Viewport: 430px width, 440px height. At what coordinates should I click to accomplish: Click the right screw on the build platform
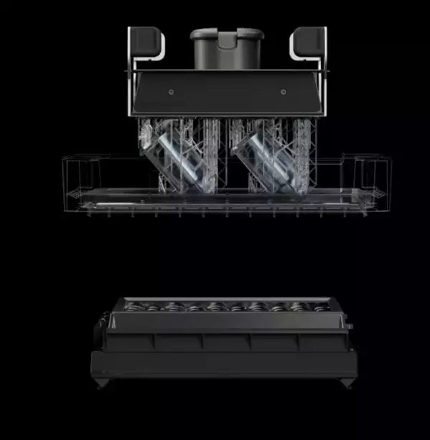coord(282,92)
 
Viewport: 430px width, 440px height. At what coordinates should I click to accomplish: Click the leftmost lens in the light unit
coord(134,307)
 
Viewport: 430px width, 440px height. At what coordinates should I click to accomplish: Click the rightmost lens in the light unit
coord(318,307)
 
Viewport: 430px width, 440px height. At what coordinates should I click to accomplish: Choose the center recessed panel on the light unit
coord(227,342)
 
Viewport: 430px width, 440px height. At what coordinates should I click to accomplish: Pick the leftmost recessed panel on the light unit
coord(132,342)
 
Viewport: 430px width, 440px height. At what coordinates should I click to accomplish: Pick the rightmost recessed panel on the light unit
coord(322,342)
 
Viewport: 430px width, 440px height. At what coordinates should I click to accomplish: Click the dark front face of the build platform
coord(227,93)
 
